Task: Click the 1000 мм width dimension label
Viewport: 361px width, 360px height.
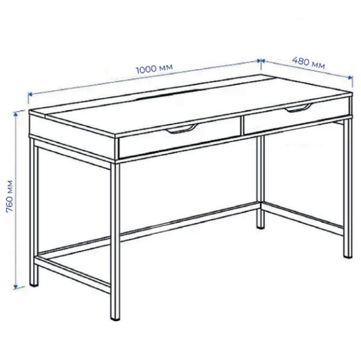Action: [154, 68]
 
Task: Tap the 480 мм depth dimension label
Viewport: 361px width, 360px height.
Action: [309, 63]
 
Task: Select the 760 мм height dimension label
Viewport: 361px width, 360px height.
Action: [10, 196]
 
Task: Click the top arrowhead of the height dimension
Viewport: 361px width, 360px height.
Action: [16, 114]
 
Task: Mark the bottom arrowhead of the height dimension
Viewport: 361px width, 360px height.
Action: [16, 287]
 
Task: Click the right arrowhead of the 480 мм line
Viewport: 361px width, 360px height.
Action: [351, 77]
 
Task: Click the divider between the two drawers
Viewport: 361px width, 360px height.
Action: [243, 126]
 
